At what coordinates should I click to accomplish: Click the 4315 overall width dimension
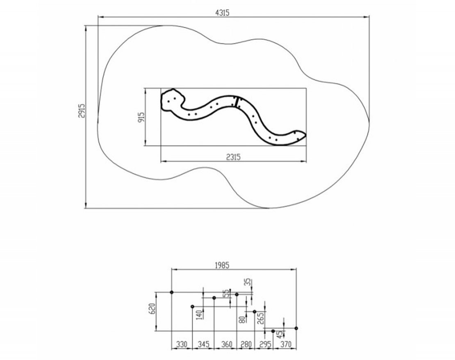coord(223,13)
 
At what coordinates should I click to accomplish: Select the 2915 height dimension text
coord(82,111)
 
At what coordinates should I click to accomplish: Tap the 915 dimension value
coord(141,117)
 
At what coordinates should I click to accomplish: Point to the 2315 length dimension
coord(234,157)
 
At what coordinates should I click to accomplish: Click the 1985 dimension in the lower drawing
coord(222,265)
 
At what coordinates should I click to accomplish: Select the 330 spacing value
coord(182,344)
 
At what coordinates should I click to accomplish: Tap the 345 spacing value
coord(203,344)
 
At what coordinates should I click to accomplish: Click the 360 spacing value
coord(227,344)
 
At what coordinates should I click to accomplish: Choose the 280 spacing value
coord(246,344)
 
